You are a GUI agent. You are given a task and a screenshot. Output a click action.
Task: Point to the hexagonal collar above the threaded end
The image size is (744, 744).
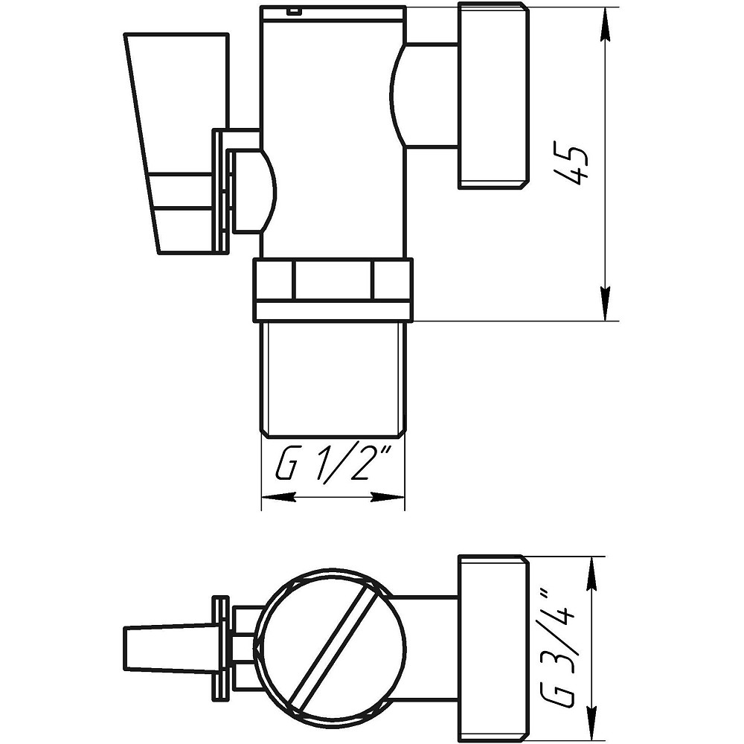click(333, 289)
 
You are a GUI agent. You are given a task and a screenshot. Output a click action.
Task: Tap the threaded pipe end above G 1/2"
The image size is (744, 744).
click(333, 379)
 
